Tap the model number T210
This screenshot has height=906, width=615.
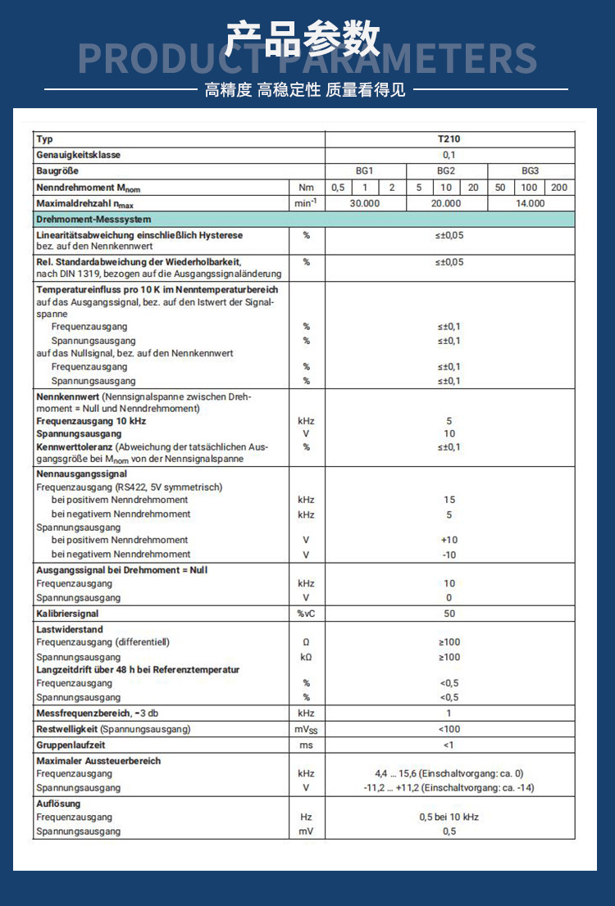449,139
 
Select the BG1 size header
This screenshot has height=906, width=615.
365,171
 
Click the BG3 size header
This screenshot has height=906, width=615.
531,171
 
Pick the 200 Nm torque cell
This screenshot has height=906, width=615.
559,188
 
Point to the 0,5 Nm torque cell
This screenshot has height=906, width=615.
338,188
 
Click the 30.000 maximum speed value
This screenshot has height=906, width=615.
365,203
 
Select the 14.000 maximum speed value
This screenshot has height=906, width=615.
531,203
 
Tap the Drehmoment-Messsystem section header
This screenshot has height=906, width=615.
93,220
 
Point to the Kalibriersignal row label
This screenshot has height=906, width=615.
67,613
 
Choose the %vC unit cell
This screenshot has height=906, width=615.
306,614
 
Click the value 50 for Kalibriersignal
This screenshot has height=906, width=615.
449,614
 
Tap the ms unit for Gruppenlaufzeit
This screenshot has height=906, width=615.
306,745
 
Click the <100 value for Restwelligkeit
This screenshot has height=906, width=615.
449,729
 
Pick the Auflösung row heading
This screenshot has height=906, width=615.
58,804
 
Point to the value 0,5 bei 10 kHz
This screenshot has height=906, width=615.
449,818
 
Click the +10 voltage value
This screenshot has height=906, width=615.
449,541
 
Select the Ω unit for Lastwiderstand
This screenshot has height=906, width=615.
306,642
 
